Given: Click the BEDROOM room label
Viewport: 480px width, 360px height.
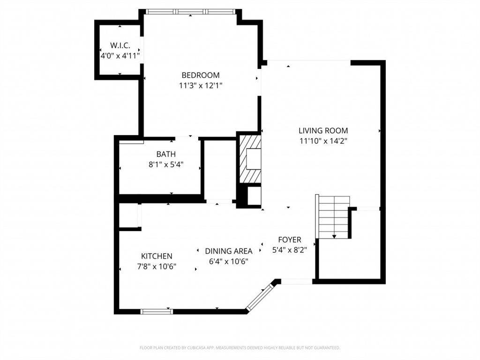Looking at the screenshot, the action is point(201,75).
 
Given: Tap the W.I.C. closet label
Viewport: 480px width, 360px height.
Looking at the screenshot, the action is point(120,45).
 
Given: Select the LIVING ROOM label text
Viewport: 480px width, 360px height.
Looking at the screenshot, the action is point(323,131).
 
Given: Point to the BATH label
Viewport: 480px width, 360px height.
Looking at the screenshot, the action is point(166,154).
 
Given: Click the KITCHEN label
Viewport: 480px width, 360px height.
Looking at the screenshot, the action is point(157,256).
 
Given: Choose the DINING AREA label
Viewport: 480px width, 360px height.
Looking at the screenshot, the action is point(228,251).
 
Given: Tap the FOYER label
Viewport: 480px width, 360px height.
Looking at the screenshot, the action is point(290,240).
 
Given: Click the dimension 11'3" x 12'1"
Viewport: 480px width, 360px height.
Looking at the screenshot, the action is point(201,85).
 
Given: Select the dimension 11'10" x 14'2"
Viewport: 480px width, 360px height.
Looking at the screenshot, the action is point(323,141).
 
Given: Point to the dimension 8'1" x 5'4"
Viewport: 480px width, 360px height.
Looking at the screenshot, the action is point(166,165).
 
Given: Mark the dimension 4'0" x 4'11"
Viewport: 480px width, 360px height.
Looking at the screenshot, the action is point(120,56).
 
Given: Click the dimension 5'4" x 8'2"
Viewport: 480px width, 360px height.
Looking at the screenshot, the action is point(290,250).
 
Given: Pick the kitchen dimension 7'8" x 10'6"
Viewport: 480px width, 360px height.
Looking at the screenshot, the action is point(157,266).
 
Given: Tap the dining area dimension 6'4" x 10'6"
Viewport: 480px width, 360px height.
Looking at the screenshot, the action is point(228,262).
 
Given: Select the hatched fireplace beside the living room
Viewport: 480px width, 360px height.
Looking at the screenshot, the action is point(250,159).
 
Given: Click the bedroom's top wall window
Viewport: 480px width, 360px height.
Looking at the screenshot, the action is point(190,12).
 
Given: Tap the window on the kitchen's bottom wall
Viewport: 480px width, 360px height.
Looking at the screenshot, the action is point(157,312).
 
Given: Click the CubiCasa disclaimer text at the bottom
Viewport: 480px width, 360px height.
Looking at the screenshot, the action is point(240,348).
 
